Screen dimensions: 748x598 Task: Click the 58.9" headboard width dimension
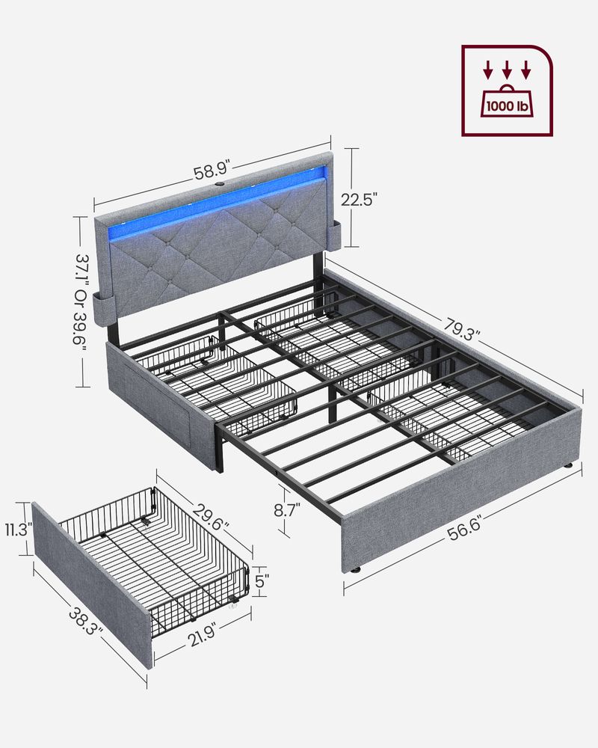[212, 172]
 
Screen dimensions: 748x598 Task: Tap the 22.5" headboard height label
[360, 198]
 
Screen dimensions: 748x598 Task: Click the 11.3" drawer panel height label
[16, 530]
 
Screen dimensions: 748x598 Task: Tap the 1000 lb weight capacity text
[508, 106]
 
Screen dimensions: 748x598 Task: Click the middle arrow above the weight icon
[508, 72]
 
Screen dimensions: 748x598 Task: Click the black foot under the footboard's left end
[354, 568]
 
